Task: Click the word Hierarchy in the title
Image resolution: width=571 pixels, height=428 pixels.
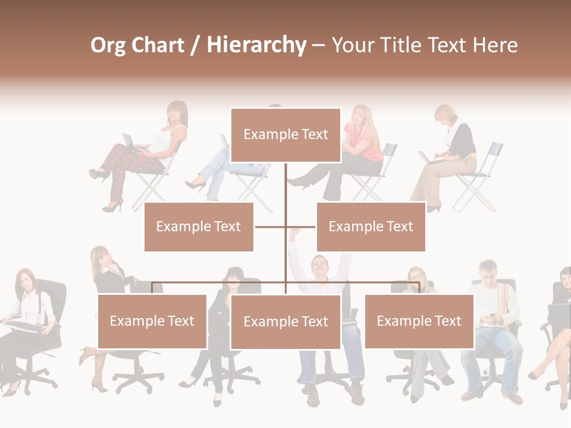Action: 256,45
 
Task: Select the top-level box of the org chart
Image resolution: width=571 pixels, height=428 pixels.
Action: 285,135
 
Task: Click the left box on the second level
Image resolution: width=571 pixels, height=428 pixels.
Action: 199,226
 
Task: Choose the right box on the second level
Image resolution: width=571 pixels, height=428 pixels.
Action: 371,226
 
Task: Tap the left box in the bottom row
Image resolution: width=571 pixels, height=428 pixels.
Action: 152,322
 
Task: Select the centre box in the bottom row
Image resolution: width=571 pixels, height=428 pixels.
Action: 285,322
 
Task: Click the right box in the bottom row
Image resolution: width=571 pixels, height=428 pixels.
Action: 419,322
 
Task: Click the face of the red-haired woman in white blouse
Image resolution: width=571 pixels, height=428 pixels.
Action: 24,281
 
